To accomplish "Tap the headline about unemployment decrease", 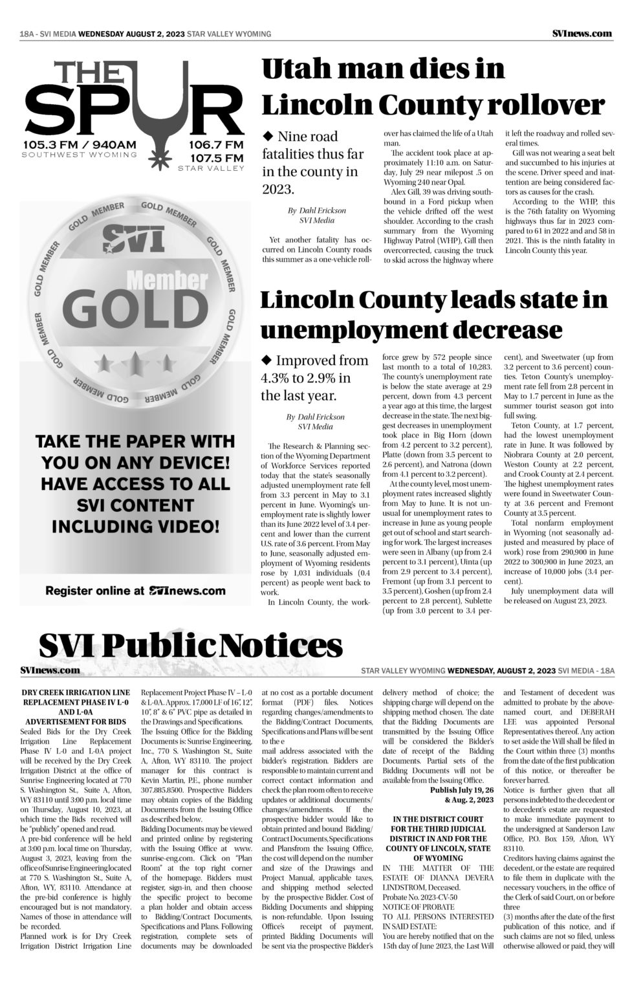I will (433, 315).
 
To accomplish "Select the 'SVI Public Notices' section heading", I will (190, 645).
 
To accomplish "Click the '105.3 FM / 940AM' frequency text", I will (80, 144).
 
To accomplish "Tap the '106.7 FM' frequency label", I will (216, 144).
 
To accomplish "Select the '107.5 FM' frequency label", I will (216, 158).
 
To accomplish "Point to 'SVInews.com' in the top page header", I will (582, 34).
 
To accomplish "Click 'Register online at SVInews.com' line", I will (135, 590).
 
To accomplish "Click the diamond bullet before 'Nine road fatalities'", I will (267, 136).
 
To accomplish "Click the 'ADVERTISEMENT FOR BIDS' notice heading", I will (75, 721).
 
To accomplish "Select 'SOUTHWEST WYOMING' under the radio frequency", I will (80, 155).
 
